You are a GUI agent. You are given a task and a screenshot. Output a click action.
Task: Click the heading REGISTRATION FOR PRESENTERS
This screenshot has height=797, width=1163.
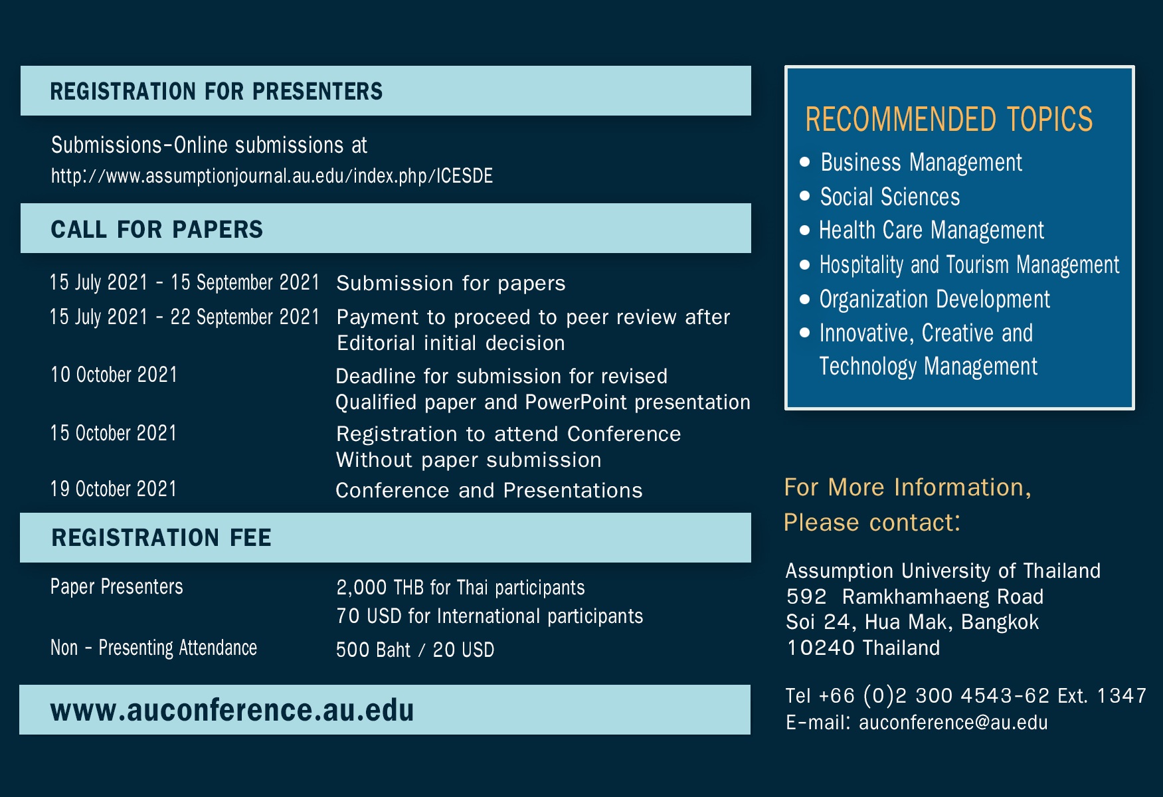(x=217, y=91)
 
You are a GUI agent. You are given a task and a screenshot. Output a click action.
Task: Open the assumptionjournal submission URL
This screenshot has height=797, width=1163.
(x=272, y=175)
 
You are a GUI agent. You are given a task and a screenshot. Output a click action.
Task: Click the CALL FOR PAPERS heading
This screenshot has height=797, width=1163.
(x=157, y=229)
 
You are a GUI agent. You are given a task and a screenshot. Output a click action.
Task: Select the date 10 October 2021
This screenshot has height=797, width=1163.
(x=114, y=375)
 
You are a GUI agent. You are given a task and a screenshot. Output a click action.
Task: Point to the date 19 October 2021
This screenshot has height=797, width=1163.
(x=114, y=489)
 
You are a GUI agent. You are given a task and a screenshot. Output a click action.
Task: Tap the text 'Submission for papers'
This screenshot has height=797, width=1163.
(x=451, y=283)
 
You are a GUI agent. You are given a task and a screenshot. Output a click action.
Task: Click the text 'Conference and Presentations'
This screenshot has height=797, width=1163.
(x=489, y=490)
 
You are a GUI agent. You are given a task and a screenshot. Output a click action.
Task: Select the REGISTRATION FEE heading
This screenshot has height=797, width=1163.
(x=161, y=537)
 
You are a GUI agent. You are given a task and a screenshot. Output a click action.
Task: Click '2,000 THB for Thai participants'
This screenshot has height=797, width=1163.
(x=460, y=588)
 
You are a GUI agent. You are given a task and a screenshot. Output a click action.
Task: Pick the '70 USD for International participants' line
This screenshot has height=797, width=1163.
(x=490, y=616)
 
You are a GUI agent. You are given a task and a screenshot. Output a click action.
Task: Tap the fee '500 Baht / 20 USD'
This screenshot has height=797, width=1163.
(x=415, y=650)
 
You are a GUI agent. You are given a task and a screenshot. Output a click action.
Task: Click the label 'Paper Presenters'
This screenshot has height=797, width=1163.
(x=117, y=586)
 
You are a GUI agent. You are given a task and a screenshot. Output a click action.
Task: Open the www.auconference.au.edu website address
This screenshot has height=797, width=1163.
(x=232, y=710)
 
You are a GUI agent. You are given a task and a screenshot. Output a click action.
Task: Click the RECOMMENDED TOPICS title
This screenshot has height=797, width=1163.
(x=949, y=120)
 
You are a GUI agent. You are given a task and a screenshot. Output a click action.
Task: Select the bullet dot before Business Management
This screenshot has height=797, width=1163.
(x=805, y=161)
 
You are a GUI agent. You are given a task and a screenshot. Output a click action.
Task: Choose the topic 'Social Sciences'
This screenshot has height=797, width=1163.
(x=890, y=197)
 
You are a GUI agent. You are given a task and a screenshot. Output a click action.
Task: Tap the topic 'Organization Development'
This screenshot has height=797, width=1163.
(x=935, y=300)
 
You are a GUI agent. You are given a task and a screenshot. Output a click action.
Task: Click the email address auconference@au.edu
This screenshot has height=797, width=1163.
(x=953, y=723)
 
